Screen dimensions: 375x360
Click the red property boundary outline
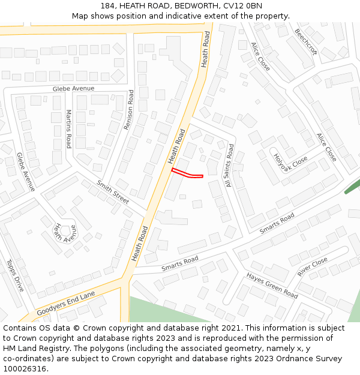(187, 174)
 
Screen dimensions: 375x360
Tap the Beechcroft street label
(305, 42)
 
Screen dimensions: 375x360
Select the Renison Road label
(129, 110)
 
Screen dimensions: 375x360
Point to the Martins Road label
(69, 129)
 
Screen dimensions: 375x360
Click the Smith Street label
(113, 192)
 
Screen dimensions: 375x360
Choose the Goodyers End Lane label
(65, 304)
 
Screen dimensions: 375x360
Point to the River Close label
(313, 266)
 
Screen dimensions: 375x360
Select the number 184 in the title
(107, 6)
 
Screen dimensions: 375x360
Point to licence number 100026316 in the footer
(24, 369)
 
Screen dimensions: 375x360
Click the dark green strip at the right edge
(351, 187)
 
